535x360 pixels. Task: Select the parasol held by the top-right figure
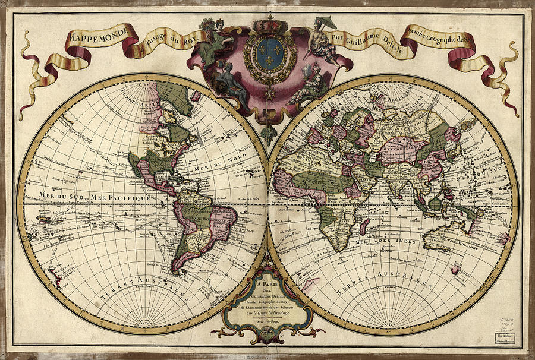326,23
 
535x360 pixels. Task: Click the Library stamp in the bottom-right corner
512,337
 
